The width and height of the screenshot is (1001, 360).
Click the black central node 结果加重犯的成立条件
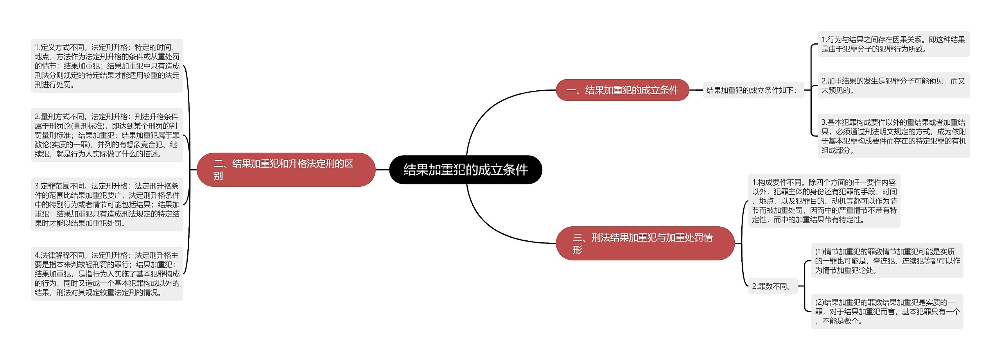[465, 170]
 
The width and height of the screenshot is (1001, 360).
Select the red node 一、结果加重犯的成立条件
[622, 90]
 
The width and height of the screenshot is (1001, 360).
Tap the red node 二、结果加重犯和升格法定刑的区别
[286, 170]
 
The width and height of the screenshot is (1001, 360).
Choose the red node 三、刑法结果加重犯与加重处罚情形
[645, 243]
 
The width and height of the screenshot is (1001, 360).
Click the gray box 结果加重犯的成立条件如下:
[753, 90]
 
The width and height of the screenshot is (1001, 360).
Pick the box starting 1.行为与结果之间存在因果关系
[893, 44]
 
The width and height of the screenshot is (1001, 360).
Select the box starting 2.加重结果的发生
[893, 85]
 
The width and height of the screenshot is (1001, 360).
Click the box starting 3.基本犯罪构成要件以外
[893, 136]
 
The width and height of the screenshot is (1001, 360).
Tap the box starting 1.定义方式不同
[107, 66]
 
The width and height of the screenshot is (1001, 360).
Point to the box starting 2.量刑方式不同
[107, 135]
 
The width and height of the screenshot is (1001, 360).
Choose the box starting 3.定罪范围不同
[107, 204]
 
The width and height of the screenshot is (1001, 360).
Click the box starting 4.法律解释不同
[107, 274]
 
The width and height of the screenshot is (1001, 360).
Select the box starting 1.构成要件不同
[824, 201]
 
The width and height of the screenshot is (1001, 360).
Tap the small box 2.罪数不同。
[772, 286]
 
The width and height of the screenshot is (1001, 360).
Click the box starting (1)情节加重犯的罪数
[887, 261]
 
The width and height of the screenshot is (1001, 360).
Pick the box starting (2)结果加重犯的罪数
[887, 312]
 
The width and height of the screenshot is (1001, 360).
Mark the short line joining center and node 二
[382, 170]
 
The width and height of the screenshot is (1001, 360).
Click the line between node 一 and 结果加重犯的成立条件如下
[696, 90]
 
